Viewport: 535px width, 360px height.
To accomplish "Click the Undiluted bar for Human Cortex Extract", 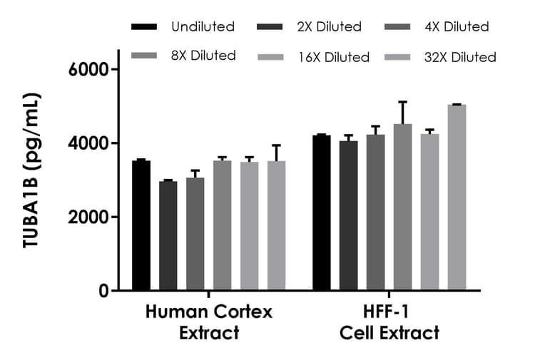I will click(x=141, y=225).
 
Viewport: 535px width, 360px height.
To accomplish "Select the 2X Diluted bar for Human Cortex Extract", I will click(x=168, y=236).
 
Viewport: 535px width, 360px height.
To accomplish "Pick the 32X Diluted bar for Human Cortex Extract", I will click(x=277, y=225).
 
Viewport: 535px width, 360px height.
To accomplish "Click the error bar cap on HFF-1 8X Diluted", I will click(x=402, y=102).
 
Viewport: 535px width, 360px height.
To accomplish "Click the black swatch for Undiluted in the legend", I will click(x=145, y=27).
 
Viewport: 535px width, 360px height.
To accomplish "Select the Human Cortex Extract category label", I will click(x=208, y=322).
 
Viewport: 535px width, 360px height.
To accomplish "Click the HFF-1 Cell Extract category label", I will click(x=389, y=322).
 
